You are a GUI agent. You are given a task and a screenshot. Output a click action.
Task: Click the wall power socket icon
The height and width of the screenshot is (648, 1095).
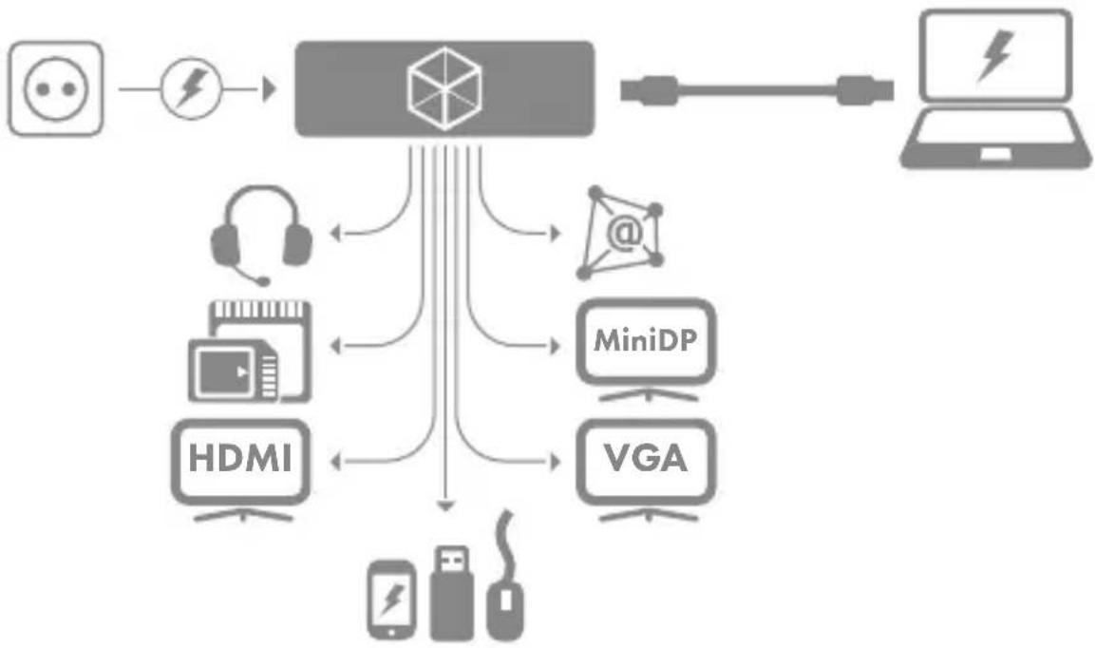click(56, 88)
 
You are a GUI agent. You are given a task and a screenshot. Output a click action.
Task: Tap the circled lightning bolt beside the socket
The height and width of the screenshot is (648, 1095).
click(191, 88)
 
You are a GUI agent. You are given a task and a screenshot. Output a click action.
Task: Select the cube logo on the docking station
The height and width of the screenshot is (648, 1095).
click(444, 88)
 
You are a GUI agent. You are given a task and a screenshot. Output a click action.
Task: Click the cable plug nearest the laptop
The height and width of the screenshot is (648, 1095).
click(864, 90)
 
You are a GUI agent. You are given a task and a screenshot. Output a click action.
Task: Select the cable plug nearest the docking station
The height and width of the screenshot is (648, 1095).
click(649, 90)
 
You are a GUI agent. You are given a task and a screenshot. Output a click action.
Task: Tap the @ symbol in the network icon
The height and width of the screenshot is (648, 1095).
click(624, 232)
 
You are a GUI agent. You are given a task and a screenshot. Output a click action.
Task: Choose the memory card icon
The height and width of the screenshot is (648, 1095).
click(250, 351)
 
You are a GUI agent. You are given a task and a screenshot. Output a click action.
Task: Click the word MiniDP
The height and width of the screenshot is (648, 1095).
click(645, 340)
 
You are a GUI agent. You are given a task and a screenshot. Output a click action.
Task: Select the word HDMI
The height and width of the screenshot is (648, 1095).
click(240, 459)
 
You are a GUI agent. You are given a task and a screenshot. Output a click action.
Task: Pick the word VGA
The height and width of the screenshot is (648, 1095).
click(646, 459)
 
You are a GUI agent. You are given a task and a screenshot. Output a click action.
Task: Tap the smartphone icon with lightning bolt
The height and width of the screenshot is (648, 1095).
click(391, 600)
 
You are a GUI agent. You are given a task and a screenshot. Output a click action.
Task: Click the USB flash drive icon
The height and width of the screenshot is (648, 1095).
click(451, 593)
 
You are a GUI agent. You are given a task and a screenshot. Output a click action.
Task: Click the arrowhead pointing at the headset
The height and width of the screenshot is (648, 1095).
click(335, 233)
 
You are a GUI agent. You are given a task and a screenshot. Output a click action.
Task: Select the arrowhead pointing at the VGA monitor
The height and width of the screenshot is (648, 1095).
click(556, 462)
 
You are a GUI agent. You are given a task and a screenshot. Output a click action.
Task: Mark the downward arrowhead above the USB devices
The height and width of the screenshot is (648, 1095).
click(445, 505)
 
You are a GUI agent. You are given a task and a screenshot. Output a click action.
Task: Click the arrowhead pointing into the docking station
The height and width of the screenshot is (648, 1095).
click(270, 89)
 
